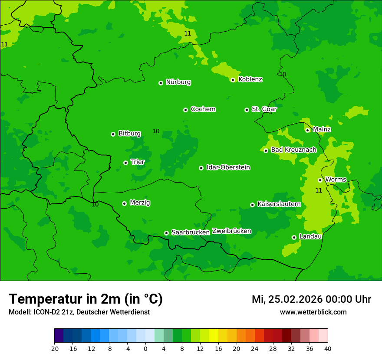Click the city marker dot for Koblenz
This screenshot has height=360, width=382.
click(233, 80)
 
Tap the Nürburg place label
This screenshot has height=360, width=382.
click(178, 82)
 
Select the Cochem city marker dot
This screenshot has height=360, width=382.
click(185, 110)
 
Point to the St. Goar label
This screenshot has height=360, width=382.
click(264, 109)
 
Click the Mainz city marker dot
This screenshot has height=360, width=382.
click(307, 130)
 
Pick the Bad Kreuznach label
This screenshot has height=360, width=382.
click(293, 150)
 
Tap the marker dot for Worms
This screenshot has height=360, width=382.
click(320, 180)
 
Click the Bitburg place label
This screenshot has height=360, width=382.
click(129, 134)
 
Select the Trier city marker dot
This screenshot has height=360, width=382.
click(125, 163)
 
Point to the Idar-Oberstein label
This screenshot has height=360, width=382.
click(228, 167)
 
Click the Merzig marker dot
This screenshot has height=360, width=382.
click(124, 203)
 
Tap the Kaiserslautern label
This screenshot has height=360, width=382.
click(279, 204)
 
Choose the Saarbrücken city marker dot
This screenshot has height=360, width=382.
click(166, 233)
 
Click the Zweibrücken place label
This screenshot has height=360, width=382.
click(231, 231)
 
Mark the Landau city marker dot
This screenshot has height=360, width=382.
click(294, 237)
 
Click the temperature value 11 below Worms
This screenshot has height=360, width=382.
click(319, 190)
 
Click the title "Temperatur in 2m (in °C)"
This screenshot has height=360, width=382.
click(86, 299)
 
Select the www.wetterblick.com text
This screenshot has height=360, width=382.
click(313, 312)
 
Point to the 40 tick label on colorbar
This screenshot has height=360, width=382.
click(328, 349)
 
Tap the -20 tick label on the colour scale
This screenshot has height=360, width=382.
click(54, 349)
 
